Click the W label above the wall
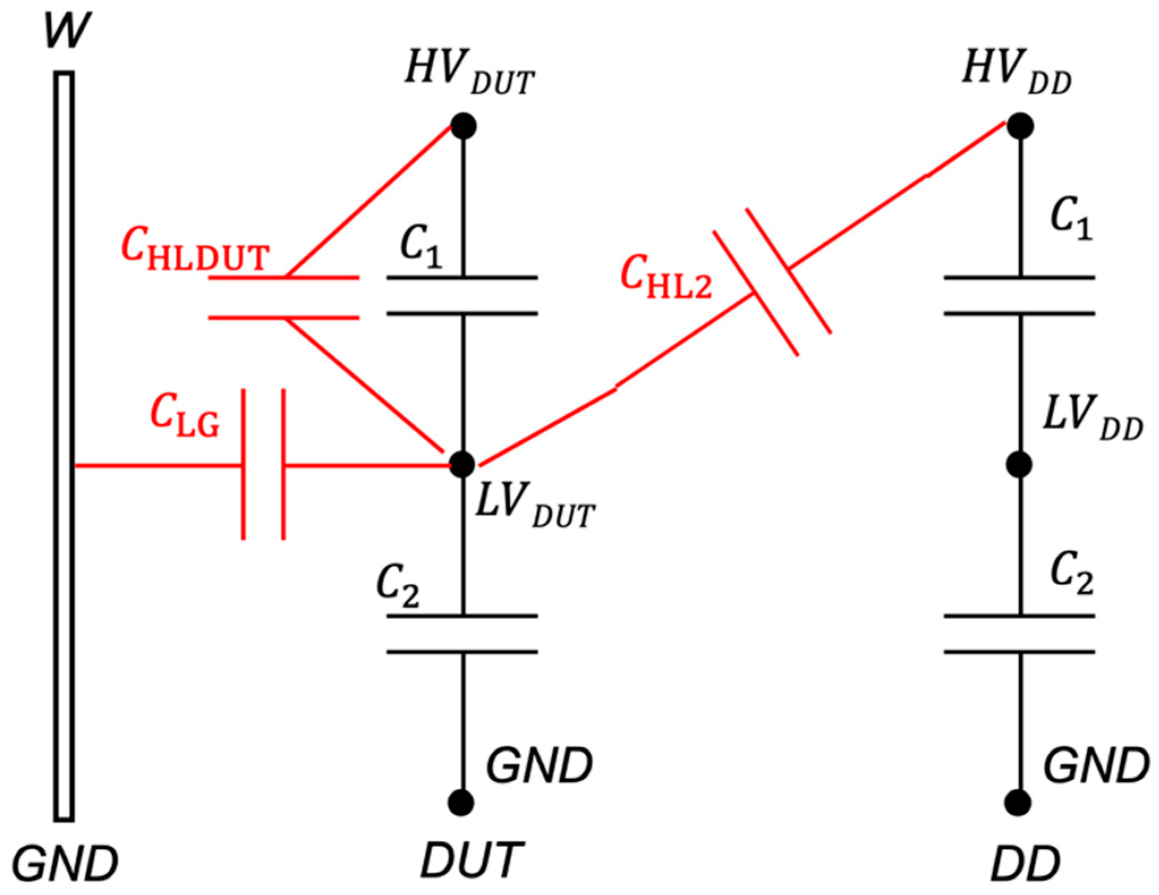click(67, 31)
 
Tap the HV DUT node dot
click(463, 126)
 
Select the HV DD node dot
click(1020, 126)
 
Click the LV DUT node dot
click(462, 464)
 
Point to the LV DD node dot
click(1019, 465)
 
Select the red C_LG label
click(184, 416)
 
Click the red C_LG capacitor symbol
click(263, 465)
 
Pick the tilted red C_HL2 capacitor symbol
click(772, 282)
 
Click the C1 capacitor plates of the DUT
click(462, 295)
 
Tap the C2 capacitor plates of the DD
click(1019, 634)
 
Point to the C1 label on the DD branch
click(1071, 218)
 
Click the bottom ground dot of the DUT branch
click(461, 803)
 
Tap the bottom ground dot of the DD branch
click(1018, 803)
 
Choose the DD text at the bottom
click(1025, 863)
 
